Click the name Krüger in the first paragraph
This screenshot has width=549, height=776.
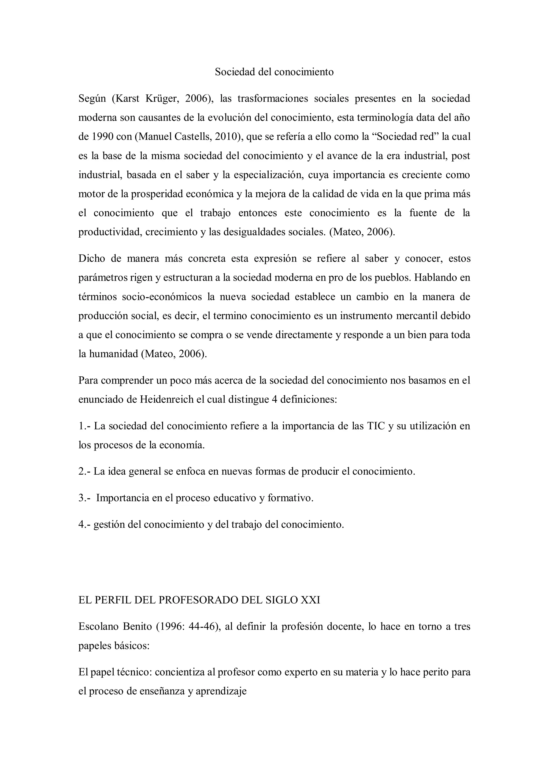162,99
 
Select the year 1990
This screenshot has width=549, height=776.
103,137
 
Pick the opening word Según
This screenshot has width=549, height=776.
92,99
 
